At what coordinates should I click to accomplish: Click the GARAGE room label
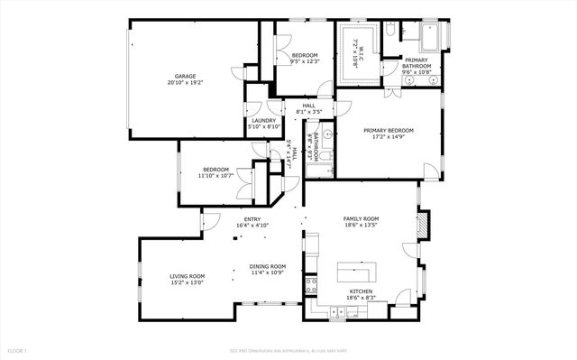pos(187,76)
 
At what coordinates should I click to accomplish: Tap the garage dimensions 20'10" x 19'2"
pos(187,82)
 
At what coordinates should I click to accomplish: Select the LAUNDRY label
pos(263,121)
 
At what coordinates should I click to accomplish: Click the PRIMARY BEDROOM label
pos(389,131)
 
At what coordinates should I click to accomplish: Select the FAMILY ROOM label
pos(361,219)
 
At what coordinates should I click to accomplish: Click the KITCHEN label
pos(361,291)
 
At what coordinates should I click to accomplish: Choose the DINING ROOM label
pos(268,266)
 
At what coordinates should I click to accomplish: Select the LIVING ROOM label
pos(187,276)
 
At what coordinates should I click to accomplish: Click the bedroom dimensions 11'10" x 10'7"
pos(215,176)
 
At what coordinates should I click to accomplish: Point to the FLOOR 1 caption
pos(18,350)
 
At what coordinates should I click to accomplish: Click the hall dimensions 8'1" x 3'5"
pos(308,112)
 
